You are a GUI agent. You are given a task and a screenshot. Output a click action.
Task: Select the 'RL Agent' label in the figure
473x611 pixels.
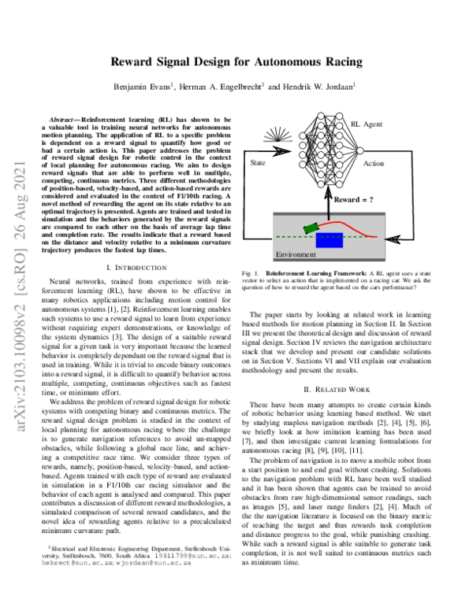click(x=367, y=124)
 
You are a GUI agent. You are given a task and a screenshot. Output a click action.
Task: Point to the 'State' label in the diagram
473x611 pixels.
click(x=258, y=163)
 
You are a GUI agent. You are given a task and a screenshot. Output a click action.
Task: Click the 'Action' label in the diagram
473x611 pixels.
click(x=374, y=164)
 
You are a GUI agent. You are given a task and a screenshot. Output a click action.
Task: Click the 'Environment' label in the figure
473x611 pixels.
click(x=296, y=255)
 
